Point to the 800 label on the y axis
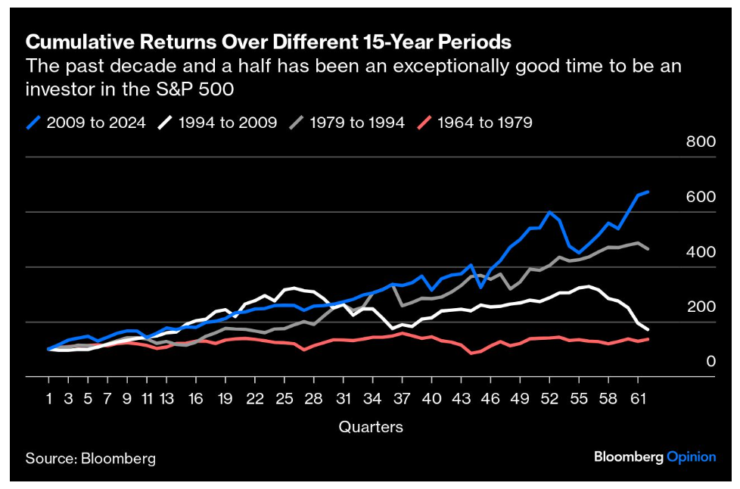point(701,142)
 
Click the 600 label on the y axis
point(701,197)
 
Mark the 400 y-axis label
point(701,252)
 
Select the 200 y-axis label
point(701,307)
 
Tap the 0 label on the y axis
point(710,362)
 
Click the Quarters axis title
point(371,427)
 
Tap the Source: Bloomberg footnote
point(91,458)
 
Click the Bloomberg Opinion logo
point(654,456)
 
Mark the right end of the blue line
point(648,192)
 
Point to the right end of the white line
point(648,330)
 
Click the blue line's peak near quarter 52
point(549,212)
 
